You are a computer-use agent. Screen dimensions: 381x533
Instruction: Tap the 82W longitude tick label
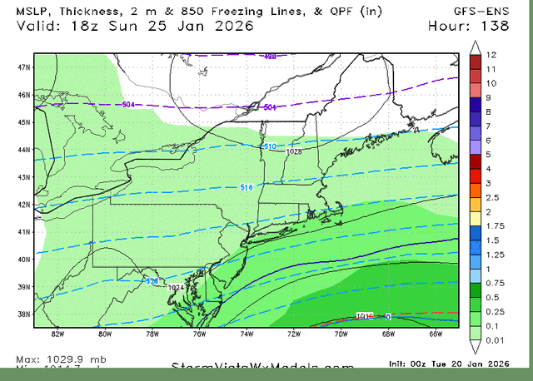57,334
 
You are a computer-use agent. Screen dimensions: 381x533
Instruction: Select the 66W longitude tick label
434,334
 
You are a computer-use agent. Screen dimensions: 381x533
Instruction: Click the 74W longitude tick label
246,334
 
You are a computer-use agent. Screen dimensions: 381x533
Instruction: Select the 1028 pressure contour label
293,151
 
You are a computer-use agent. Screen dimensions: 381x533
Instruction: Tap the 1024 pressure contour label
176,288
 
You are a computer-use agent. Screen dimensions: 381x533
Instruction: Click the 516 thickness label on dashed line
247,187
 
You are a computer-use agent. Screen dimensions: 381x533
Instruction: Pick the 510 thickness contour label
269,146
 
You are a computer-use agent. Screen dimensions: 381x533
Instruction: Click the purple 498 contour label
270,57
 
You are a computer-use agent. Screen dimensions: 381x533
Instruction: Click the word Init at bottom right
398,364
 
